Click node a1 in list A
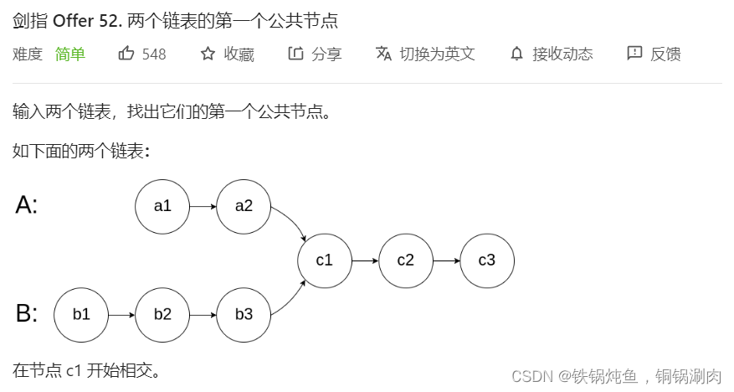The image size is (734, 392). (x=162, y=206)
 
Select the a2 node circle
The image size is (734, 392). (x=244, y=206)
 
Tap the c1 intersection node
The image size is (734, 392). (x=325, y=260)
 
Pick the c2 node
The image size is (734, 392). (x=406, y=260)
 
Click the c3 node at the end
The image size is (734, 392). (x=487, y=260)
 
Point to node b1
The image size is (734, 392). (x=81, y=315)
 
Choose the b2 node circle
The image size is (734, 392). (x=162, y=315)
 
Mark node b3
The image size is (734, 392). (x=244, y=315)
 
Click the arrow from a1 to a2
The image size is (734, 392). (x=203, y=206)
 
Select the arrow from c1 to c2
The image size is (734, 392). (x=365, y=260)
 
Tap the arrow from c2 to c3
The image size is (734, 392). (x=446, y=260)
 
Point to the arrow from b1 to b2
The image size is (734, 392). (x=121, y=315)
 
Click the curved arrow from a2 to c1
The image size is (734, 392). (x=293, y=224)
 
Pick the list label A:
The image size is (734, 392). (x=27, y=205)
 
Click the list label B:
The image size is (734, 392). (x=27, y=314)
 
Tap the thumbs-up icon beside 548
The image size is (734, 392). (x=126, y=54)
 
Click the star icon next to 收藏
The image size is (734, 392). (x=208, y=54)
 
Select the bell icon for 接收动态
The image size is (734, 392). (x=516, y=54)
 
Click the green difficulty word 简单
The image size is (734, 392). (x=70, y=54)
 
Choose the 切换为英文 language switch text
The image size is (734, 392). (x=437, y=54)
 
